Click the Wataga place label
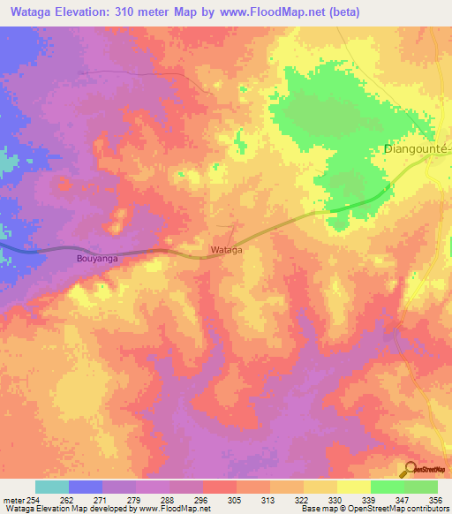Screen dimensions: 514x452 tap(226, 250)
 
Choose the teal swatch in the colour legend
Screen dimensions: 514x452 tap(51, 487)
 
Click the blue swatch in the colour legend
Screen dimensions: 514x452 tap(85, 487)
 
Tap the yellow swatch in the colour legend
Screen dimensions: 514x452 tap(353, 487)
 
